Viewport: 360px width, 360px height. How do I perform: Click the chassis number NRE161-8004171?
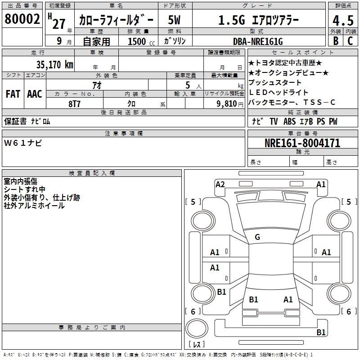tap(302, 144)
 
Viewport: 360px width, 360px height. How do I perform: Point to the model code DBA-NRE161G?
tap(258, 41)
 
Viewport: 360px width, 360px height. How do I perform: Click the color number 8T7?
tap(75, 103)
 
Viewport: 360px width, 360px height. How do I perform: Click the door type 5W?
tap(174, 20)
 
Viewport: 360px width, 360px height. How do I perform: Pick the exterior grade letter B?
tap(335, 41)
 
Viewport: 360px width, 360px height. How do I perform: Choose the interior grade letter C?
tap(351, 41)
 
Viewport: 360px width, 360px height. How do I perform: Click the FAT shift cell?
tap(13, 94)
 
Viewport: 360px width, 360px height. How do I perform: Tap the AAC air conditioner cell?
tap(34, 94)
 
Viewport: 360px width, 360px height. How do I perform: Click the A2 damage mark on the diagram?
tap(220, 184)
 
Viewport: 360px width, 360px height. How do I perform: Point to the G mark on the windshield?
tap(257, 237)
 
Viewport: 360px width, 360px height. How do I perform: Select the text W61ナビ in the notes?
tap(23, 143)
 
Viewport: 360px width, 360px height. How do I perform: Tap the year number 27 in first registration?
tap(58, 23)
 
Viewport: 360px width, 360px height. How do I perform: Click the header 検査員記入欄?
tap(92, 173)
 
